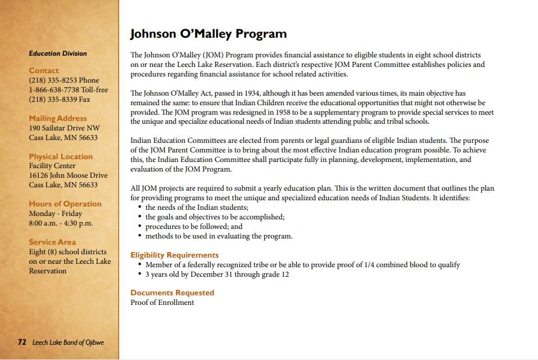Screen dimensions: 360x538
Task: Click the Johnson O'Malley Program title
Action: tap(208, 34)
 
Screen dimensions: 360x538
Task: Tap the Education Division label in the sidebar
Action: tap(58, 53)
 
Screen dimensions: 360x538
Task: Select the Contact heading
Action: tap(44, 70)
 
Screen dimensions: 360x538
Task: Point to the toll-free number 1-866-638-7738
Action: tap(68, 90)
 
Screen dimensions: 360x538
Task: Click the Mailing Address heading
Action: tap(58, 118)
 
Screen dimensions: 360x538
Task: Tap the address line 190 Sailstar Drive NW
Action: tap(64, 128)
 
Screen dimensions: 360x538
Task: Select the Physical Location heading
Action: tap(61, 156)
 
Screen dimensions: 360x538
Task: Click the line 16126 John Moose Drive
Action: tap(68, 175)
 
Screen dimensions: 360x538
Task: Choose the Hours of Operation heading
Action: tap(65, 204)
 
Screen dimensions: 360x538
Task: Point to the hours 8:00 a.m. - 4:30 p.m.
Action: tap(61, 223)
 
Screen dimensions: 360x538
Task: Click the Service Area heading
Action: tap(52, 242)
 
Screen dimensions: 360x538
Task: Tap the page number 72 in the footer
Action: tap(22, 342)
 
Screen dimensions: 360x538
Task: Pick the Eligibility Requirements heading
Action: tap(174, 255)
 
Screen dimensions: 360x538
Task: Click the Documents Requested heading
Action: tap(172, 292)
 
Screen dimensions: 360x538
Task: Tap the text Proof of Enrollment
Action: tap(162, 303)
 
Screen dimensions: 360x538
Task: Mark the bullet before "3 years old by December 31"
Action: tap(139, 274)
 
